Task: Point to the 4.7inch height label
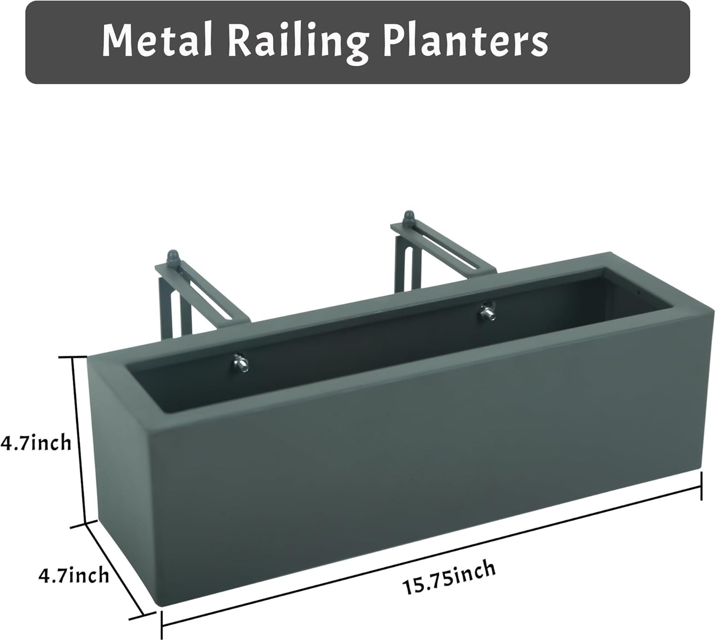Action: (x=36, y=443)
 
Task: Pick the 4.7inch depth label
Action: (x=73, y=576)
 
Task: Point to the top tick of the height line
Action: (x=74, y=356)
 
